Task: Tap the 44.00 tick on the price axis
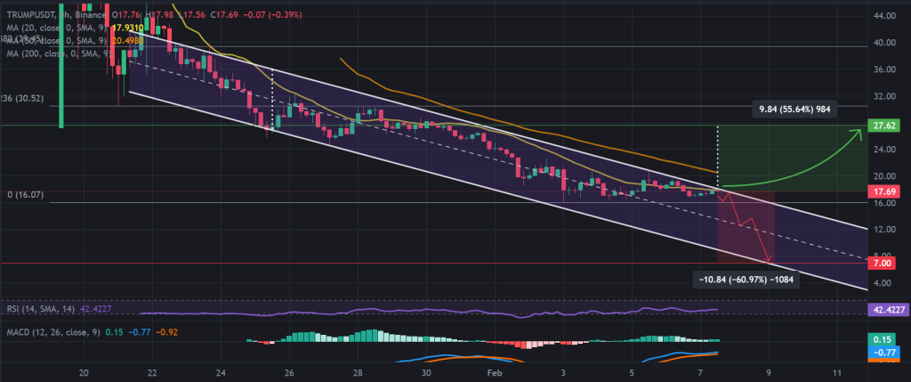click(884, 15)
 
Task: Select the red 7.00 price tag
click(884, 264)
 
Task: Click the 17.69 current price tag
click(884, 191)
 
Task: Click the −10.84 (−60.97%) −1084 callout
click(745, 280)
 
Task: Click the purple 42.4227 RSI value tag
click(886, 309)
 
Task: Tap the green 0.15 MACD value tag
click(884, 339)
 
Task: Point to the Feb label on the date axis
click(496, 372)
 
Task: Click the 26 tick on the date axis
click(289, 372)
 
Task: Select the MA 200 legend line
click(53, 55)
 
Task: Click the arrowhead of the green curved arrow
click(858, 134)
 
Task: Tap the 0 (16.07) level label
click(24, 192)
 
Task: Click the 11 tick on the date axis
click(837, 372)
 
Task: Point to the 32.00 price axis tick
click(884, 95)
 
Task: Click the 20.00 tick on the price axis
click(884, 175)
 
